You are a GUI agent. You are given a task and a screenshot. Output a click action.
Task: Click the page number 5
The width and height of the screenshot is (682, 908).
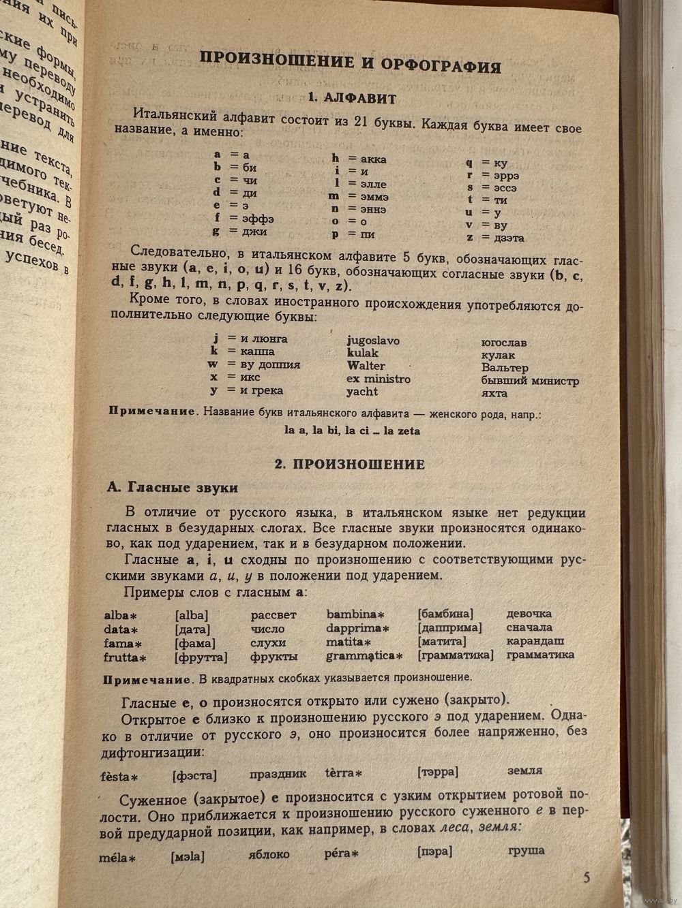[587, 877]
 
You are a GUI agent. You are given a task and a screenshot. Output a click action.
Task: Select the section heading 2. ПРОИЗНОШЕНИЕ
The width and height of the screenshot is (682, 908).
[349, 465]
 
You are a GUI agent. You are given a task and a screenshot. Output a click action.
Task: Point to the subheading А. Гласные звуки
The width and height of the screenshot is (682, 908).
[173, 488]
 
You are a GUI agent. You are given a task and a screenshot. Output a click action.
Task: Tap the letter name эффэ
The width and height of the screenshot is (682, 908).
[259, 219]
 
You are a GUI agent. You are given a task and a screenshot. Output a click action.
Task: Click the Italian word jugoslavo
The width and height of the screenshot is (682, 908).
[373, 340]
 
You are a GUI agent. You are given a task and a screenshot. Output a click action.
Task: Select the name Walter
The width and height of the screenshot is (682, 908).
[366, 366]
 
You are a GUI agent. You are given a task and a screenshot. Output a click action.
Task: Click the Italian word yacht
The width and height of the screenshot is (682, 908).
[361, 392]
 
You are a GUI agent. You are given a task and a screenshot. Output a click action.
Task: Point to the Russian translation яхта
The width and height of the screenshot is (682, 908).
[494, 393]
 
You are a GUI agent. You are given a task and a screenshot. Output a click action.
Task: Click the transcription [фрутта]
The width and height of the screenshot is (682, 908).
[201, 657]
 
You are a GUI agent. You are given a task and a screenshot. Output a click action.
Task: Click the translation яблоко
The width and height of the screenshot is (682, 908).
[269, 854]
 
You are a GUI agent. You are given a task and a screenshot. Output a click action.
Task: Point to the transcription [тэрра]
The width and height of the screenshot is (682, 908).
[437, 772]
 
